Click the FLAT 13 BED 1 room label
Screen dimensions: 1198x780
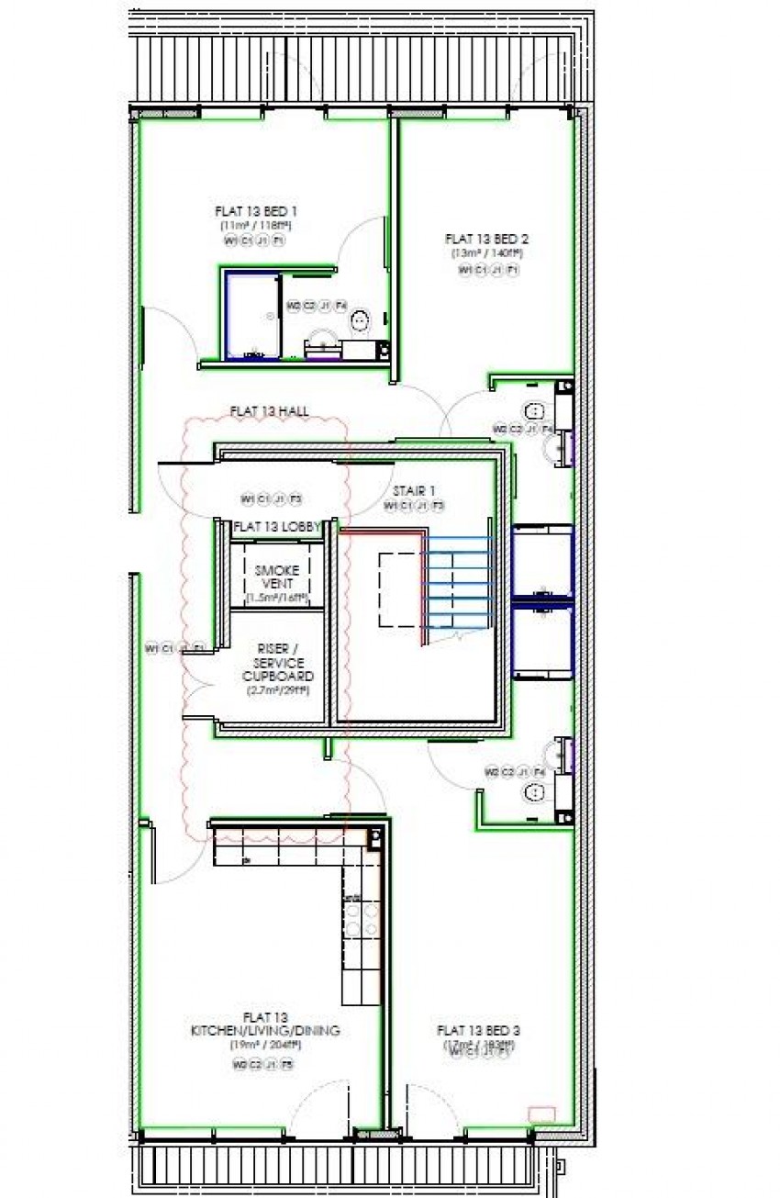[x=255, y=211]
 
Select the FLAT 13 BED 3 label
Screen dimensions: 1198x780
[x=480, y=1030]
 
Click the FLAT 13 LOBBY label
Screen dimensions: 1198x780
[x=277, y=527]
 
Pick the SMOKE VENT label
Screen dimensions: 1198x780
[x=276, y=577]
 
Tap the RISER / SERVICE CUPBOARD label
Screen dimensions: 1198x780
[x=277, y=661]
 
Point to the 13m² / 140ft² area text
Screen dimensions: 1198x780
[x=485, y=252]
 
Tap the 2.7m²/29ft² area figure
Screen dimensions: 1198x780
[x=277, y=690]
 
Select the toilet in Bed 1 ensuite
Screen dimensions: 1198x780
[x=361, y=320]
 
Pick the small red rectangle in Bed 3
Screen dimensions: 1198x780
[x=542, y=1114]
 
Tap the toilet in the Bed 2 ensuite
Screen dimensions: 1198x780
[x=533, y=409]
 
